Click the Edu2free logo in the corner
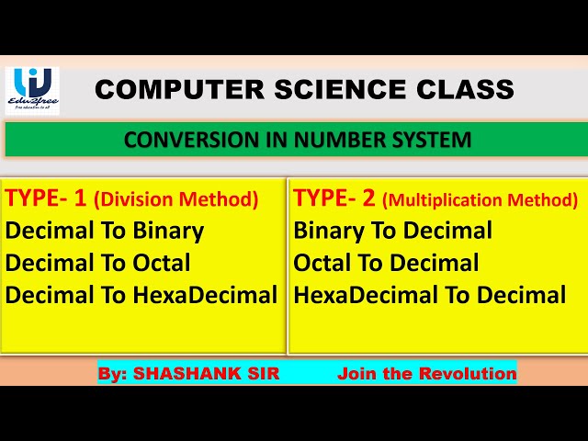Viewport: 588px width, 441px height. (x=32, y=90)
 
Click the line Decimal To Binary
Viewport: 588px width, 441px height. (x=105, y=231)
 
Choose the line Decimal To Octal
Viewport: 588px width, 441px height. (x=98, y=263)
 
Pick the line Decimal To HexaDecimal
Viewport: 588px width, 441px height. (x=141, y=295)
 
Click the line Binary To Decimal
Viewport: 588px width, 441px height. (x=393, y=231)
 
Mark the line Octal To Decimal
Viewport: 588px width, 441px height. (x=386, y=263)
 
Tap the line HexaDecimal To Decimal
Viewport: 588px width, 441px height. (x=430, y=295)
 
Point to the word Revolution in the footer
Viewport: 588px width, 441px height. (x=468, y=374)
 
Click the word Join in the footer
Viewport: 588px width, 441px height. (x=356, y=374)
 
